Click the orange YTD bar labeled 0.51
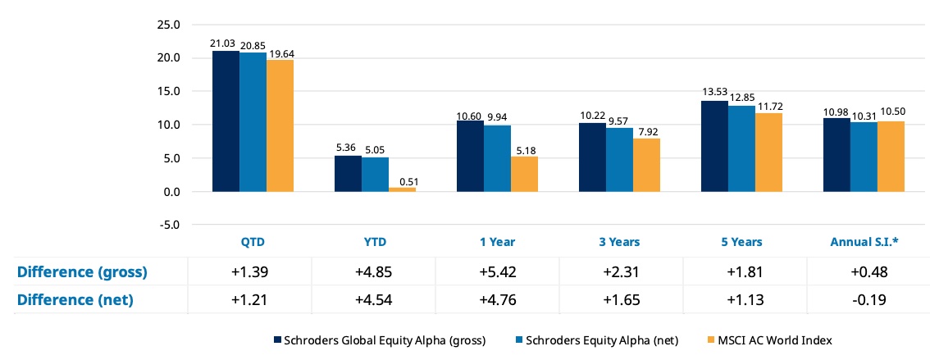tap(402, 189)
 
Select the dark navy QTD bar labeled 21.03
tap(226, 121)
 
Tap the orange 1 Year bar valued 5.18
tap(524, 175)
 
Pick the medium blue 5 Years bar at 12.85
tap(741, 148)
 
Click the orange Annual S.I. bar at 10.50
tap(891, 157)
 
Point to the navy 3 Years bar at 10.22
tap(592, 157)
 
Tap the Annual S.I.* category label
tap(864, 242)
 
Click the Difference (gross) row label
tap(82, 272)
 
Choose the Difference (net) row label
tap(75, 300)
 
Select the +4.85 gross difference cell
tap(374, 272)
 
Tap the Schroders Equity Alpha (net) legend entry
tap(594, 340)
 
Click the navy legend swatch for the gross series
tap(277, 340)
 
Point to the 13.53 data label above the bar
tap(714, 93)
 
